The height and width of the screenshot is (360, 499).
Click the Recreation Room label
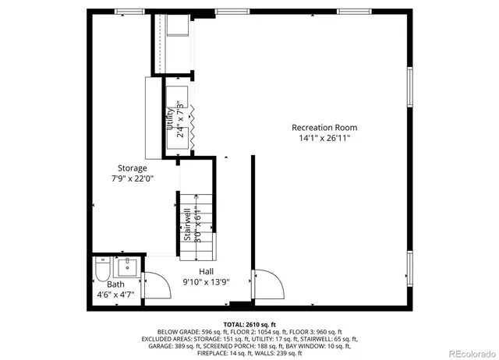[x=324, y=127]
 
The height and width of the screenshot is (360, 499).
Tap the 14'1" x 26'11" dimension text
[x=324, y=138]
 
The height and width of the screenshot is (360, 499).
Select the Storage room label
[x=132, y=168]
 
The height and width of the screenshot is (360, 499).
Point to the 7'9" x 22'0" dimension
[x=132, y=178]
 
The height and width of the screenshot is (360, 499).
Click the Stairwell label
[x=188, y=225]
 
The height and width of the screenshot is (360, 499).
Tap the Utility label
[x=169, y=121]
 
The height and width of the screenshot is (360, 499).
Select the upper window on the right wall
[x=410, y=86]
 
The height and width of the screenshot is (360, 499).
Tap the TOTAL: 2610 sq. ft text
[x=249, y=323]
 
